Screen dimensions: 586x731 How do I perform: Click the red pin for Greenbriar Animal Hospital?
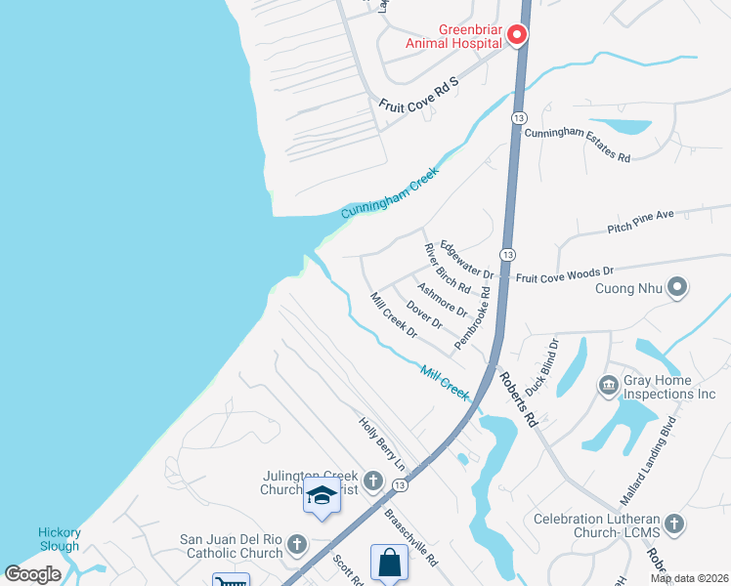(x=517, y=36)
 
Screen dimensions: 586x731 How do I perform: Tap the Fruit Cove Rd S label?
(x=417, y=94)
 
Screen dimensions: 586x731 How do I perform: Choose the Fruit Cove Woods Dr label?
(x=564, y=274)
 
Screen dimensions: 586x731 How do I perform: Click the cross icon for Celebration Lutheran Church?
(x=674, y=523)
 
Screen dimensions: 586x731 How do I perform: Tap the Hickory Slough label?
(x=59, y=539)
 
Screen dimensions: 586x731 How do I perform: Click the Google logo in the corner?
(x=32, y=574)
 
